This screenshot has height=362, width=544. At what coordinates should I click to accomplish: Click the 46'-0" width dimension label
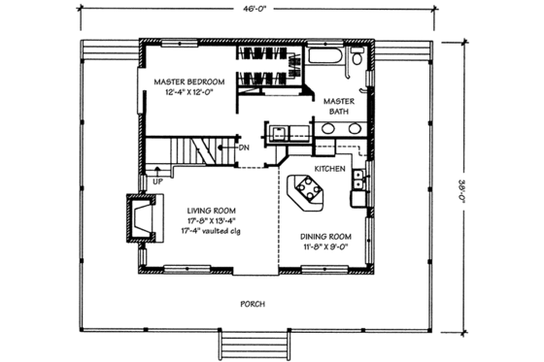point(257,10)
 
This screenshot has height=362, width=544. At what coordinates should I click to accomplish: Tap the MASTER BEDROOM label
point(188,82)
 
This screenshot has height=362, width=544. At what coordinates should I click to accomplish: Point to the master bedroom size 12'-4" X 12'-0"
point(188,94)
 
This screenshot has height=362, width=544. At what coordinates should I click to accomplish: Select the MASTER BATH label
point(338,106)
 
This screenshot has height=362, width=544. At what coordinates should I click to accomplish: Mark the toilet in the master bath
point(358,61)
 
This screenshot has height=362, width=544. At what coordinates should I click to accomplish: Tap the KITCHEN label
point(331,168)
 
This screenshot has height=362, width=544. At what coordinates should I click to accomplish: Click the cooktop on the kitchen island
point(306,185)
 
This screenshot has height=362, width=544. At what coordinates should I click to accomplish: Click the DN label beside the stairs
point(244,148)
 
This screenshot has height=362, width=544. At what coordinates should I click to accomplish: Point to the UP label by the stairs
point(157,181)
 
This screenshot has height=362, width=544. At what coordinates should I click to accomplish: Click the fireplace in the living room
point(139,218)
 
